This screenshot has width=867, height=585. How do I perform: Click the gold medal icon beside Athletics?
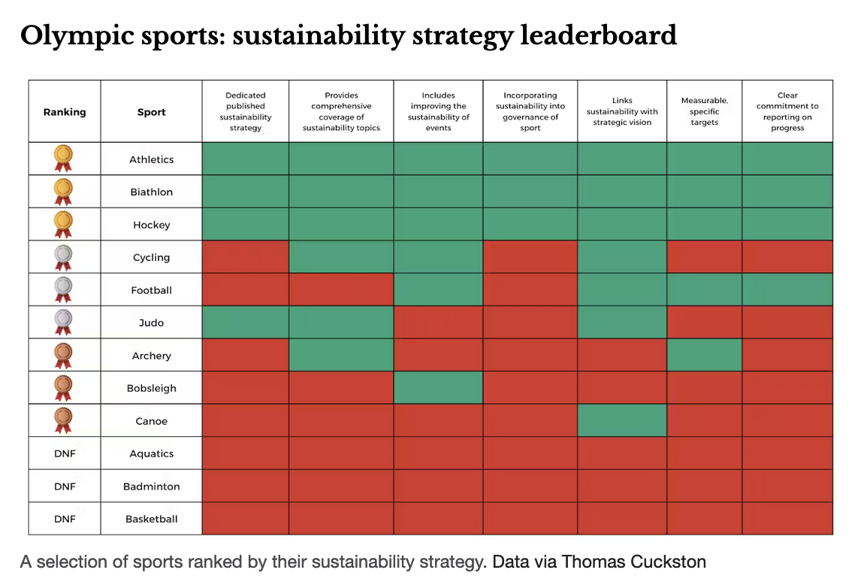click(64, 159)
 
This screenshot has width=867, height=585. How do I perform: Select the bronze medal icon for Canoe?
click(64, 420)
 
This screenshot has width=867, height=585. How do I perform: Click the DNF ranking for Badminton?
click(65, 486)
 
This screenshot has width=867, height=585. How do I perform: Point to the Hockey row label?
click(151, 225)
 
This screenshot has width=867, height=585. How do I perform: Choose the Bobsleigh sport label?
click(151, 389)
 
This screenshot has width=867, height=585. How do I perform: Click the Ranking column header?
click(65, 112)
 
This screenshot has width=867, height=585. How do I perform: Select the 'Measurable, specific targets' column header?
click(704, 111)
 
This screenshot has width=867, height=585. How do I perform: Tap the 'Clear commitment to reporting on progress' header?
click(787, 111)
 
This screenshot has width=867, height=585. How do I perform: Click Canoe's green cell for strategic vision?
click(622, 420)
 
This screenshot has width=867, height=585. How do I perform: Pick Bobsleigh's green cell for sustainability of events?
click(438, 388)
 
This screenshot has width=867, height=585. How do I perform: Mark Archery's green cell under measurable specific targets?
click(704, 355)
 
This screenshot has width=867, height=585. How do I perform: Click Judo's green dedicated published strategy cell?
click(246, 323)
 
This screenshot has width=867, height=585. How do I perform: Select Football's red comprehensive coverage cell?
click(341, 290)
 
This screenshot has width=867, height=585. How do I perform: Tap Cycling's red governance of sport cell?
click(530, 257)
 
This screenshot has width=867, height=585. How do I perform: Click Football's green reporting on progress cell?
click(787, 290)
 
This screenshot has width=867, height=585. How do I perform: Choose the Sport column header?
click(151, 112)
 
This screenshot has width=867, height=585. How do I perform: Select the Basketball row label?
click(151, 519)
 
